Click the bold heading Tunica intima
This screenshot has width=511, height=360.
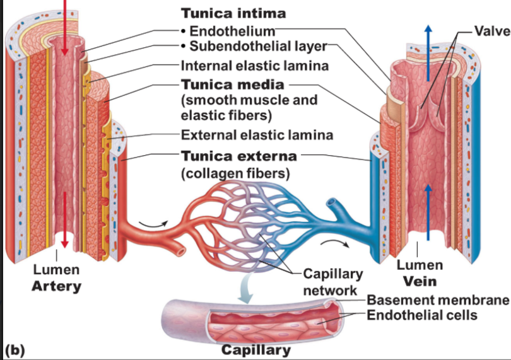(225, 13)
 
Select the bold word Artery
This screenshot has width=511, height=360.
(57, 286)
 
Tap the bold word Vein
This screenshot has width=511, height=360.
(420, 281)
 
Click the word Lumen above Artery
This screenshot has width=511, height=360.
(57, 270)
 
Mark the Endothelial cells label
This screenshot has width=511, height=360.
(422, 315)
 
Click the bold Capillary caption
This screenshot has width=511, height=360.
(255, 350)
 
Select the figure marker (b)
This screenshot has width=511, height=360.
(14, 350)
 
